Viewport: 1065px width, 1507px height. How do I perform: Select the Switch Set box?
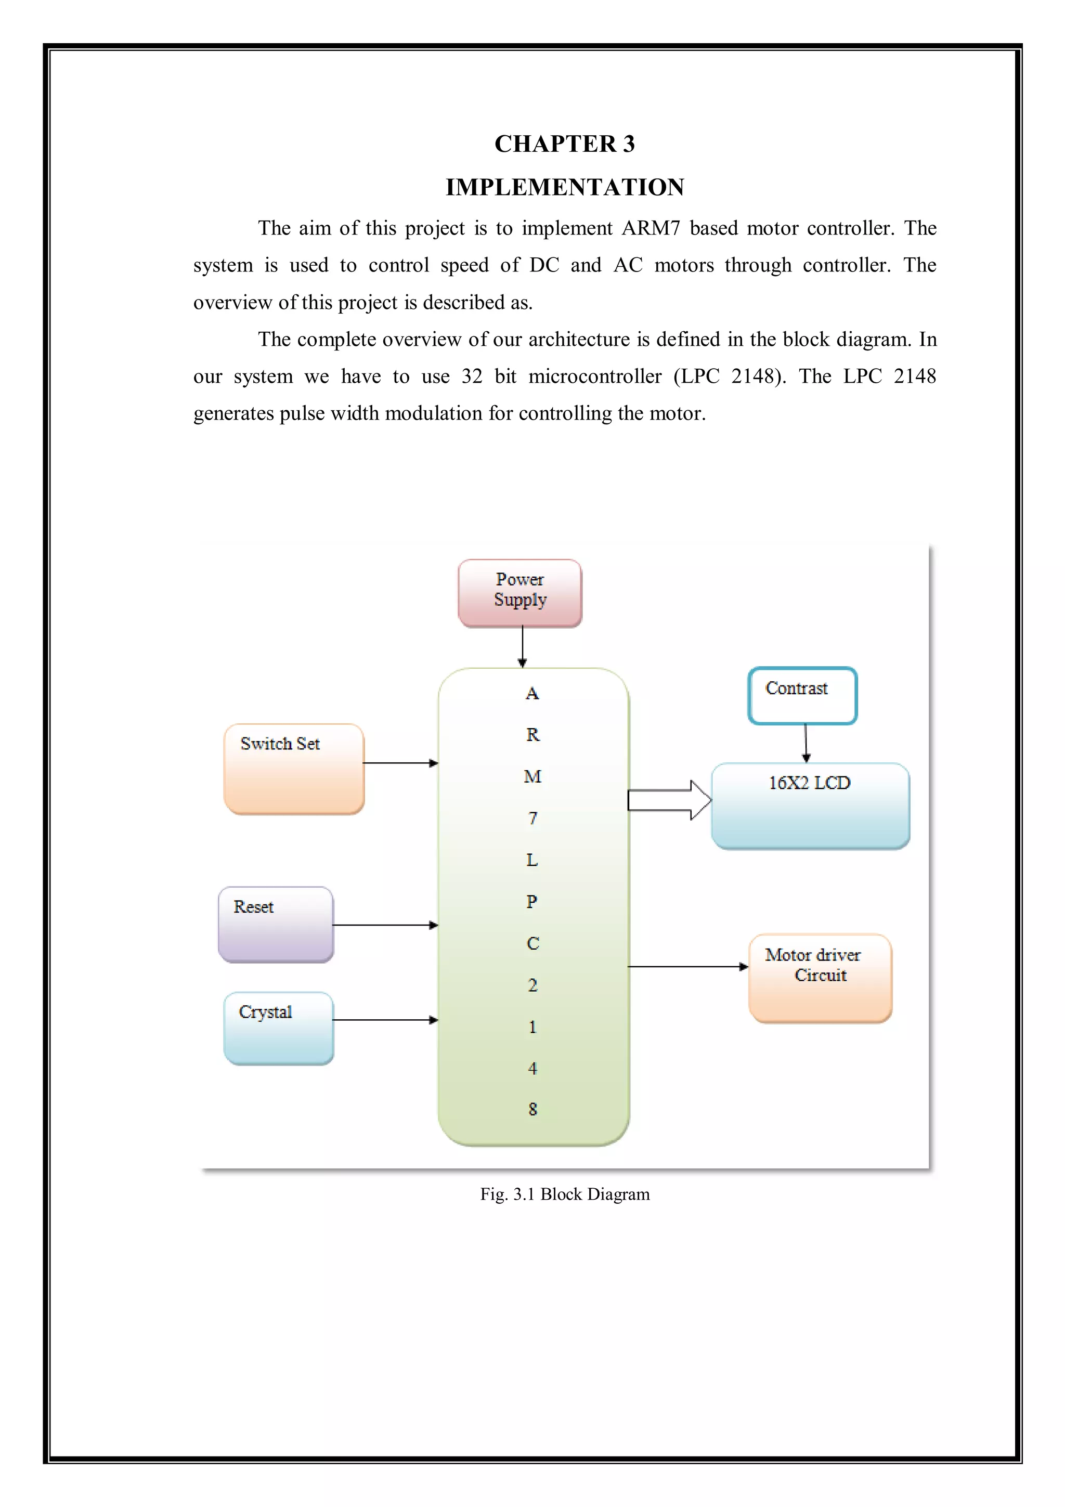coord(294,769)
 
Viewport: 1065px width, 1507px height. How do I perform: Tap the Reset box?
coord(276,924)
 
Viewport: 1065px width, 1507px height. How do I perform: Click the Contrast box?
coord(802,696)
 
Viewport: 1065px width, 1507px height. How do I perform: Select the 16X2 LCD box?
coord(810,806)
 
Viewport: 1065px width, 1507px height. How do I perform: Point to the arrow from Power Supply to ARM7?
coord(522,646)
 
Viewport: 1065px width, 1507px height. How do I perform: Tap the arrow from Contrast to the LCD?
coord(806,743)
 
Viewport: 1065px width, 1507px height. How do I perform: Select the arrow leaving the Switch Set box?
coord(400,763)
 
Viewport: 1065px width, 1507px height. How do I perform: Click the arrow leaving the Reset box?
coord(385,925)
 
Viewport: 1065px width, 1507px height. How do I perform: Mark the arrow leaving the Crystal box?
coord(385,1020)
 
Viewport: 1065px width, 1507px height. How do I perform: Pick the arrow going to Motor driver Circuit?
coord(687,966)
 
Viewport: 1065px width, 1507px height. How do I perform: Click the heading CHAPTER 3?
coord(564,144)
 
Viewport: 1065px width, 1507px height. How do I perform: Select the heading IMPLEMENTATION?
coord(564,187)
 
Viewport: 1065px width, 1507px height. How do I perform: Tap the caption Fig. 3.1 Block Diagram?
coord(564,1194)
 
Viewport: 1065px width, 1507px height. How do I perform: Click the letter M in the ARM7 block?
coord(532,776)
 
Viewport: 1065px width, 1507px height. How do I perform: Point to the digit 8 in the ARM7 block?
coord(532,1109)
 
